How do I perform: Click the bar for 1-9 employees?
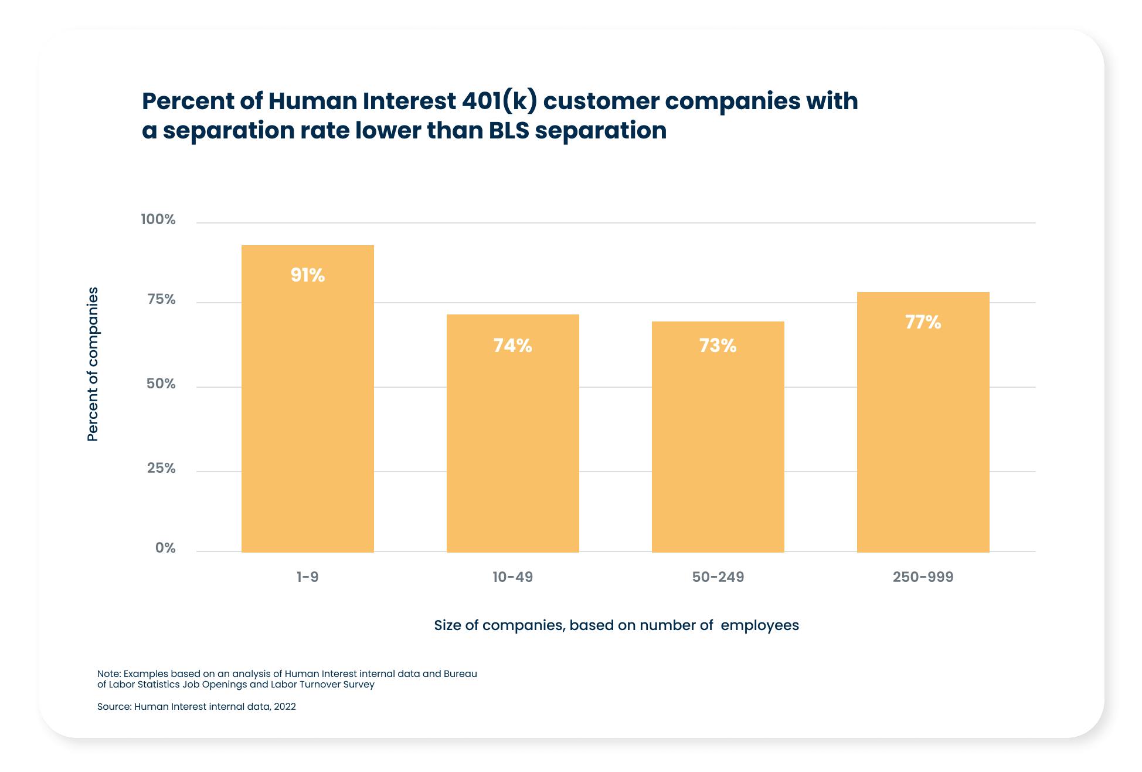tap(307, 399)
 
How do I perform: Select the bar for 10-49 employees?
tap(512, 434)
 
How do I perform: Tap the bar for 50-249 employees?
tap(718, 437)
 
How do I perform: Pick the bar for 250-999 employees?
tap(923, 422)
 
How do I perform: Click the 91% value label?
tap(307, 275)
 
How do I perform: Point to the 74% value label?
tap(512, 346)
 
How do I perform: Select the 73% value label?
tap(718, 346)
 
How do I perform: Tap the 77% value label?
tap(923, 322)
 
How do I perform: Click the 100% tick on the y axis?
tap(158, 219)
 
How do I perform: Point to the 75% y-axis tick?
tap(161, 300)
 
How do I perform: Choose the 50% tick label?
tap(161, 384)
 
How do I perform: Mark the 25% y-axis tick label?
tap(161, 468)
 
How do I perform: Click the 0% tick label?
tap(165, 548)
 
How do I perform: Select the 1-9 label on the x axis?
tap(307, 577)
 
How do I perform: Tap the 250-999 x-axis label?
tap(923, 577)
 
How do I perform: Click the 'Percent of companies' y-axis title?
tap(93, 364)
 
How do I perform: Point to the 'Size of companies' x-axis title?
tap(616, 625)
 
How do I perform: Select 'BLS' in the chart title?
tap(508, 130)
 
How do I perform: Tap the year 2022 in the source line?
tap(285, 707)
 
